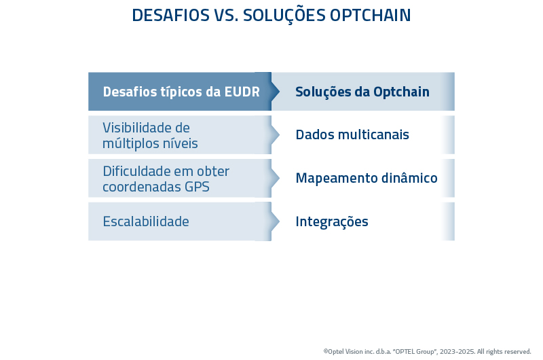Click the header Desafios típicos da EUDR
pyautogui.click(x=181, y=92)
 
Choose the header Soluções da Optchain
pyautogui.click(x=362, y=92)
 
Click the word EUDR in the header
pyautogui.click(x=242, y=92)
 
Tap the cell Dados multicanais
pyautogui.click(x=352, y=135)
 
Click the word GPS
pyautogui.click(x=197, y=187)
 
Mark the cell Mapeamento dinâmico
pyautogui.click(x=366, y=179)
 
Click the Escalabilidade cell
pyautogui.click(x=145, y=221)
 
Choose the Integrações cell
pyautogui.click(x=331, y=221)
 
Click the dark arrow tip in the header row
pyautogui.click(x=275, y=92)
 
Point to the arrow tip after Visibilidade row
pyautogui.click(x=275, y=135)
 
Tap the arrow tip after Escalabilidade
pyautogui.click(x=275, y=221)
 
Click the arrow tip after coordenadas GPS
pyautogui.click(x=275, y=179)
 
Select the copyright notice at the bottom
pyautogui.click(x=427, y=351)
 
